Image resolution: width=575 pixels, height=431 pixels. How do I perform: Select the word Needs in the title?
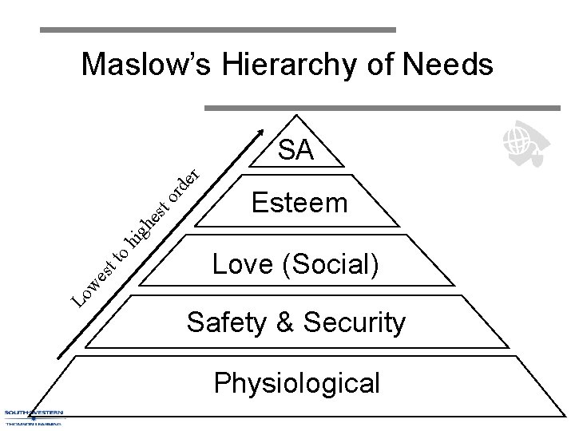pos(450,65)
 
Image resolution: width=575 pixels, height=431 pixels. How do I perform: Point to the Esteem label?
pos(299,203)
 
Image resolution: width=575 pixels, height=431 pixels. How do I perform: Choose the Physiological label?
pos(296,382)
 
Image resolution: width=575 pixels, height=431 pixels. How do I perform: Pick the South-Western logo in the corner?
pos(34,417)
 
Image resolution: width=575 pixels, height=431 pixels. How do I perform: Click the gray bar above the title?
pos(218,30)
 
